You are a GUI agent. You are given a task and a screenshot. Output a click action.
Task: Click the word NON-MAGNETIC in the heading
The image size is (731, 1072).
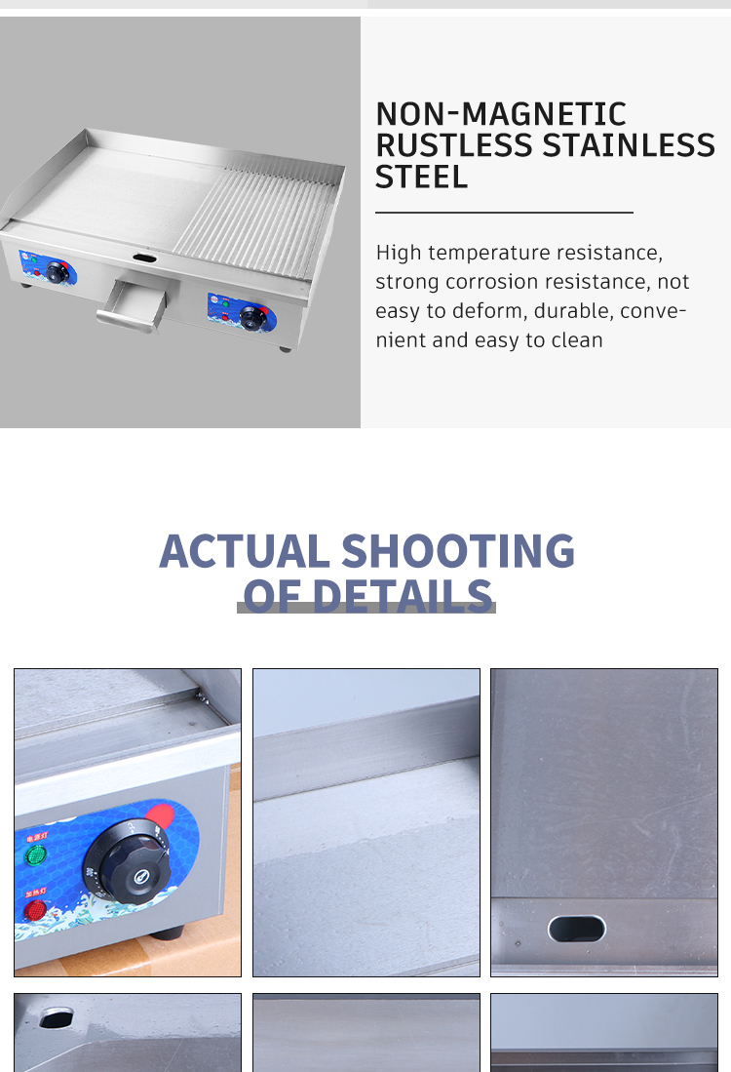pos(500,114)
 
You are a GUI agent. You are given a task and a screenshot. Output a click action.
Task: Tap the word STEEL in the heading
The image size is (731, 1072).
pos(421,178)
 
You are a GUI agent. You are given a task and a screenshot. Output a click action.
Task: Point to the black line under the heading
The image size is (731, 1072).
pos(504,212)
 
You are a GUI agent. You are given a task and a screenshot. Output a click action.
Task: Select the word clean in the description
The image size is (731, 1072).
pos(577,340)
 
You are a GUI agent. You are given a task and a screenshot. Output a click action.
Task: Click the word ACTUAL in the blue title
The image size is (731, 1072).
pos(244,551)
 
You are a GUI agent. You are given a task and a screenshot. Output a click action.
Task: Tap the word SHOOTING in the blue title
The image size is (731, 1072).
pos(457,551)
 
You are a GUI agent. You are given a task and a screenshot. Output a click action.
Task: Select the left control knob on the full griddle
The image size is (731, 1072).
pos(58,272)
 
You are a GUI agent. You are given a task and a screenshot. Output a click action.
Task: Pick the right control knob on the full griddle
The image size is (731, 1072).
pos(255,317)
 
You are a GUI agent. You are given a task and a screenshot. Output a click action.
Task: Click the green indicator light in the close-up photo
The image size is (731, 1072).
pos(35,855)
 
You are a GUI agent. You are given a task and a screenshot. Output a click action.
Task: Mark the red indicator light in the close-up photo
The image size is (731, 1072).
pos(35,910)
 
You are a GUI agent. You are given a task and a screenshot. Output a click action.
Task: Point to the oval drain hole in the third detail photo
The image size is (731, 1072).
pos(577,929)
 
